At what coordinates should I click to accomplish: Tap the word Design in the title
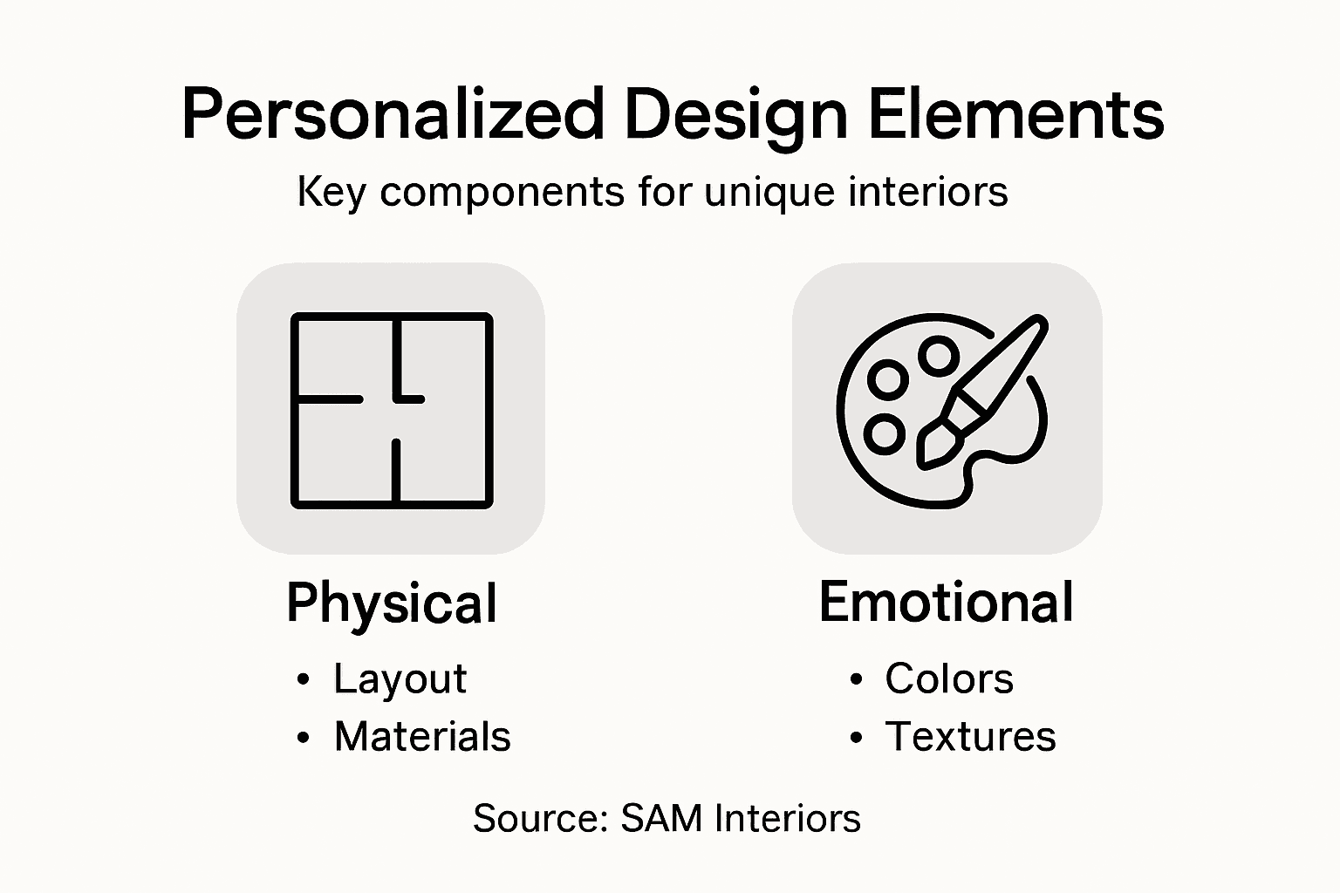(736, 115)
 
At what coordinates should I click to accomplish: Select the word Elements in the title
(1016, 115)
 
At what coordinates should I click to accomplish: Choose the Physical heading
(392, 603)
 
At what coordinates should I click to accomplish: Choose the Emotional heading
(947, 602)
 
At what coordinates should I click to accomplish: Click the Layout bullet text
(400, 678)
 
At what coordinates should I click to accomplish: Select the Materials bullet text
(422, 736)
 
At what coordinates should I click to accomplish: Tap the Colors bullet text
(949, 678)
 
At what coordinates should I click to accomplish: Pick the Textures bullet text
(970, 736)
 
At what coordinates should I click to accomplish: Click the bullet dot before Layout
(303, 679)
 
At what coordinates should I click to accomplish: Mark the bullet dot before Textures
(856, 738)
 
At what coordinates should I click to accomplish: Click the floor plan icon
(392, 410)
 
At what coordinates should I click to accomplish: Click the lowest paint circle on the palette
(885, 433)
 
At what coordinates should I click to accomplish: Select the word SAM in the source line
(662, 819)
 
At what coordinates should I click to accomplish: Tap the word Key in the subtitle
(331, 193)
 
